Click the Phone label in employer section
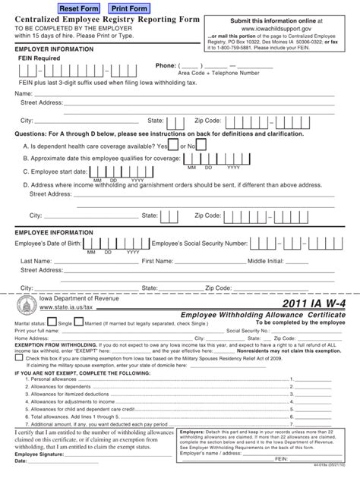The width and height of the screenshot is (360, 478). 166,65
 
